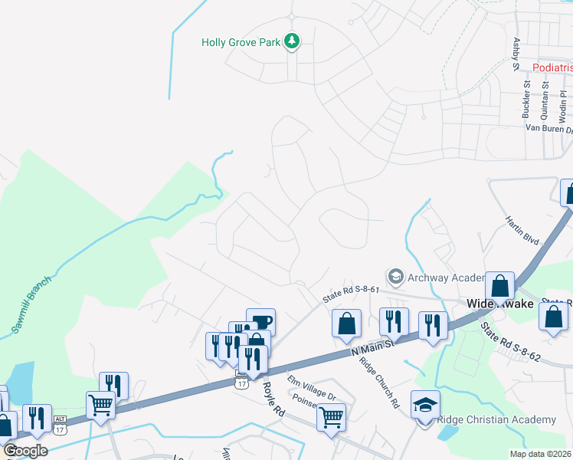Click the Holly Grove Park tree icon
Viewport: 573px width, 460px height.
pyautogui.click(x=291, y=41)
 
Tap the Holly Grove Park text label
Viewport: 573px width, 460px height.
pyautogui.click(x=241, y=42)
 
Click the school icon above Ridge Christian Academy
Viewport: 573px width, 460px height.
pyautogui.click(x=425, y=404)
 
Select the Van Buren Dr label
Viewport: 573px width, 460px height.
pyautogui.click(x=548, y=129)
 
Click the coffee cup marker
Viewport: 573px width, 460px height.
pyautogui.click(x=260, y=320)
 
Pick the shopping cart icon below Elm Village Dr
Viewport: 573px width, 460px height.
pyautogui.click(x=331, y=416)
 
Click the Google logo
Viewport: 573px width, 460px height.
pyautogui.click(x=25, y=451)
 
